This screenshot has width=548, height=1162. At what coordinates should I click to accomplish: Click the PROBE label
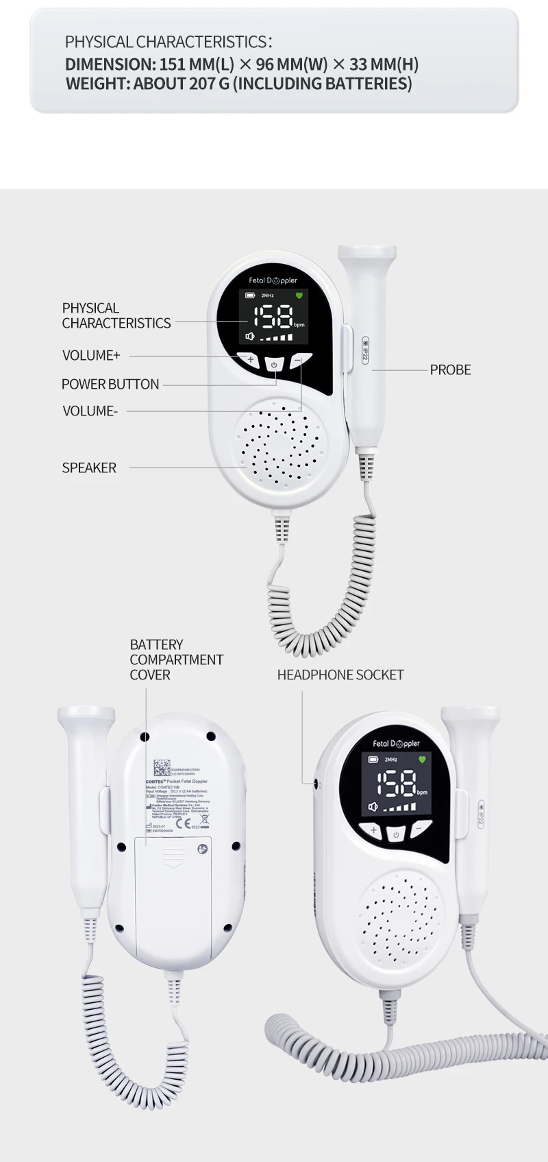450,370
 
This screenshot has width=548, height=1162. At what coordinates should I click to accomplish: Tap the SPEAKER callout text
89,468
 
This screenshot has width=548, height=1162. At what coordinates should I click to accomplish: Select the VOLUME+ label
91,355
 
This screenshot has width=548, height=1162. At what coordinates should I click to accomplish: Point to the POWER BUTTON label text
110,384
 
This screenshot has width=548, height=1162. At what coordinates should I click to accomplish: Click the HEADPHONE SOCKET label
340,675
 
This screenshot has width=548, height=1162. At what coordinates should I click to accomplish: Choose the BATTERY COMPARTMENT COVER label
176,659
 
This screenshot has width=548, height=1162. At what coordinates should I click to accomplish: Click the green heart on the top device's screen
299,295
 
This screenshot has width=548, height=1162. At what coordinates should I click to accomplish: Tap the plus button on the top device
251,360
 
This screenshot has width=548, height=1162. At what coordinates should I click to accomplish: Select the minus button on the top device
297,360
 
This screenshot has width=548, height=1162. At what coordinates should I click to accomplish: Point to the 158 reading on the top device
273,317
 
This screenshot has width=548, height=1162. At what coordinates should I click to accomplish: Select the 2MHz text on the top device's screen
268,295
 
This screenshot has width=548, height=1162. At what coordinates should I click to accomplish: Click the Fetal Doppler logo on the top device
273,280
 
